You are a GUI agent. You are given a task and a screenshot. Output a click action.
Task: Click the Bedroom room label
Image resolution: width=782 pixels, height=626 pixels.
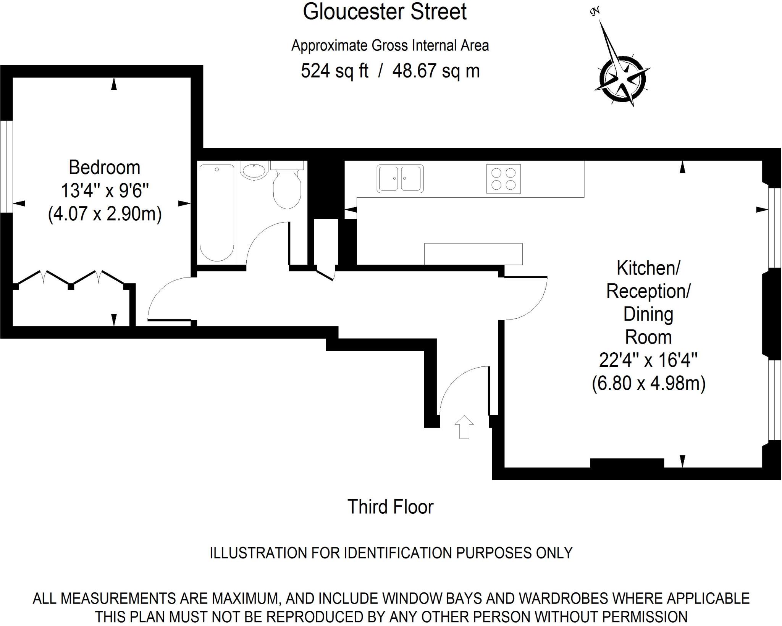(104, 168)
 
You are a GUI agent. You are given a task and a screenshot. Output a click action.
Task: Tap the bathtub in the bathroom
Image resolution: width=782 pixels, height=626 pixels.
(217, 212)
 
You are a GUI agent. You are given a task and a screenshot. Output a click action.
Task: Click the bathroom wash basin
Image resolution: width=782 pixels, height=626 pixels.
(254, 171)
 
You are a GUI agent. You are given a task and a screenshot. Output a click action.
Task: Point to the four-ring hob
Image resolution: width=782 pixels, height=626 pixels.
(503, 179)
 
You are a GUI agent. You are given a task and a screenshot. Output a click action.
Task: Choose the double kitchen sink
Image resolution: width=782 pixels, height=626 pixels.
(400, 178)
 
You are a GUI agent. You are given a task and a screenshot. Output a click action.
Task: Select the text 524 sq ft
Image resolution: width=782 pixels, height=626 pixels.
(334, 71)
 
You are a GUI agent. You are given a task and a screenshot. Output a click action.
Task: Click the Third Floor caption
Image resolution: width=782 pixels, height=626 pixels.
(390, 507)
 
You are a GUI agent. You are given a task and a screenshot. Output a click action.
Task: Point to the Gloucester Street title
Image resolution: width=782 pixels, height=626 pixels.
(385, 12)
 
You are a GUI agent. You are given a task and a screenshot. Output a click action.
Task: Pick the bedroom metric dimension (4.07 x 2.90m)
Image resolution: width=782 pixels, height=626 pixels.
(105, 214)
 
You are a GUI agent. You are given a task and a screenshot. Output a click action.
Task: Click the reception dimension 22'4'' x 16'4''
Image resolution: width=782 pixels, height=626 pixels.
(648, 360)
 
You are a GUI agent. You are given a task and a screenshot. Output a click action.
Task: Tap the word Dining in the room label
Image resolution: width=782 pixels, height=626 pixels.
(648, 314)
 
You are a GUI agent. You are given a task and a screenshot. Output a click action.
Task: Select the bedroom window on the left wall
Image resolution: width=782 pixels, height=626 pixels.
(6, 166)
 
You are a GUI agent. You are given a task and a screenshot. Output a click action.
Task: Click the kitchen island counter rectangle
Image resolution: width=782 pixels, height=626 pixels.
(473, 254)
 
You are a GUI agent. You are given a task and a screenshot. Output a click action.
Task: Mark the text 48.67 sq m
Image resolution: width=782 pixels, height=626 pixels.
(436, 71)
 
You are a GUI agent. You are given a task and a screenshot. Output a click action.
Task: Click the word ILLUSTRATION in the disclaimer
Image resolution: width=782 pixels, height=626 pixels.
(259, 553)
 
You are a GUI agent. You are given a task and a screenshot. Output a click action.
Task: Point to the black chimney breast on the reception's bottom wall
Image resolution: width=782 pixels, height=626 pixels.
(627, 463)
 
